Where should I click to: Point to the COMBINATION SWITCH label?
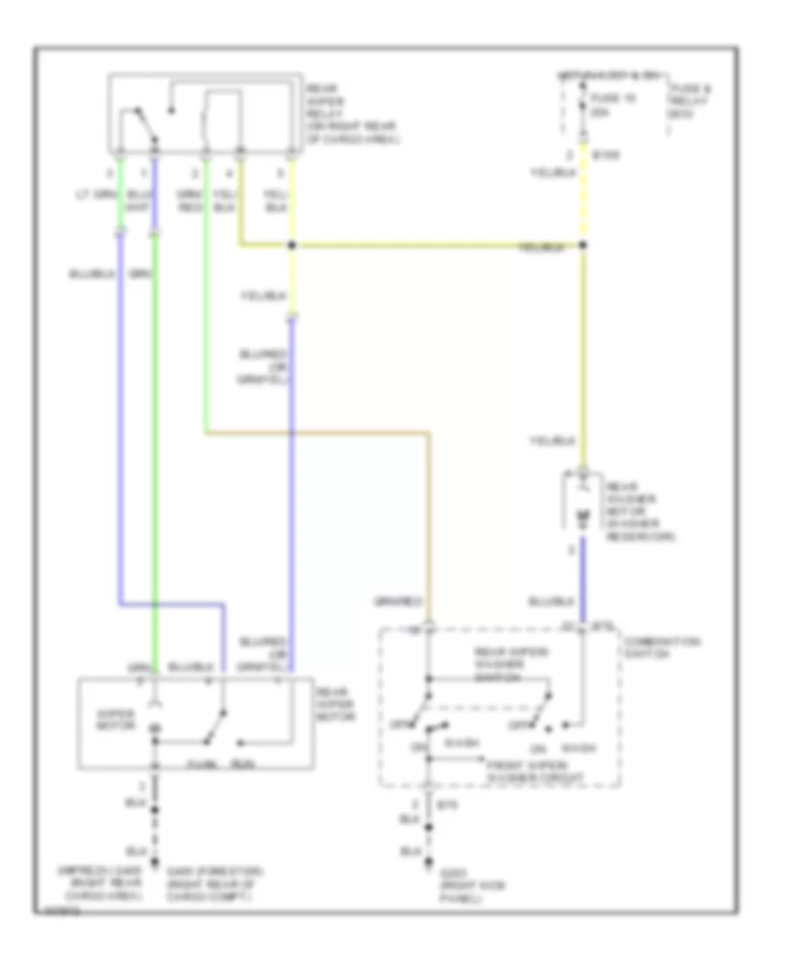(654, 647)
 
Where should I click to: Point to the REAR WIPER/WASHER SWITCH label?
(500, 663)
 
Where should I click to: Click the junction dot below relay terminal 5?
(293, 245)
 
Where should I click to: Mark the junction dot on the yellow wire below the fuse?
(583, 245)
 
